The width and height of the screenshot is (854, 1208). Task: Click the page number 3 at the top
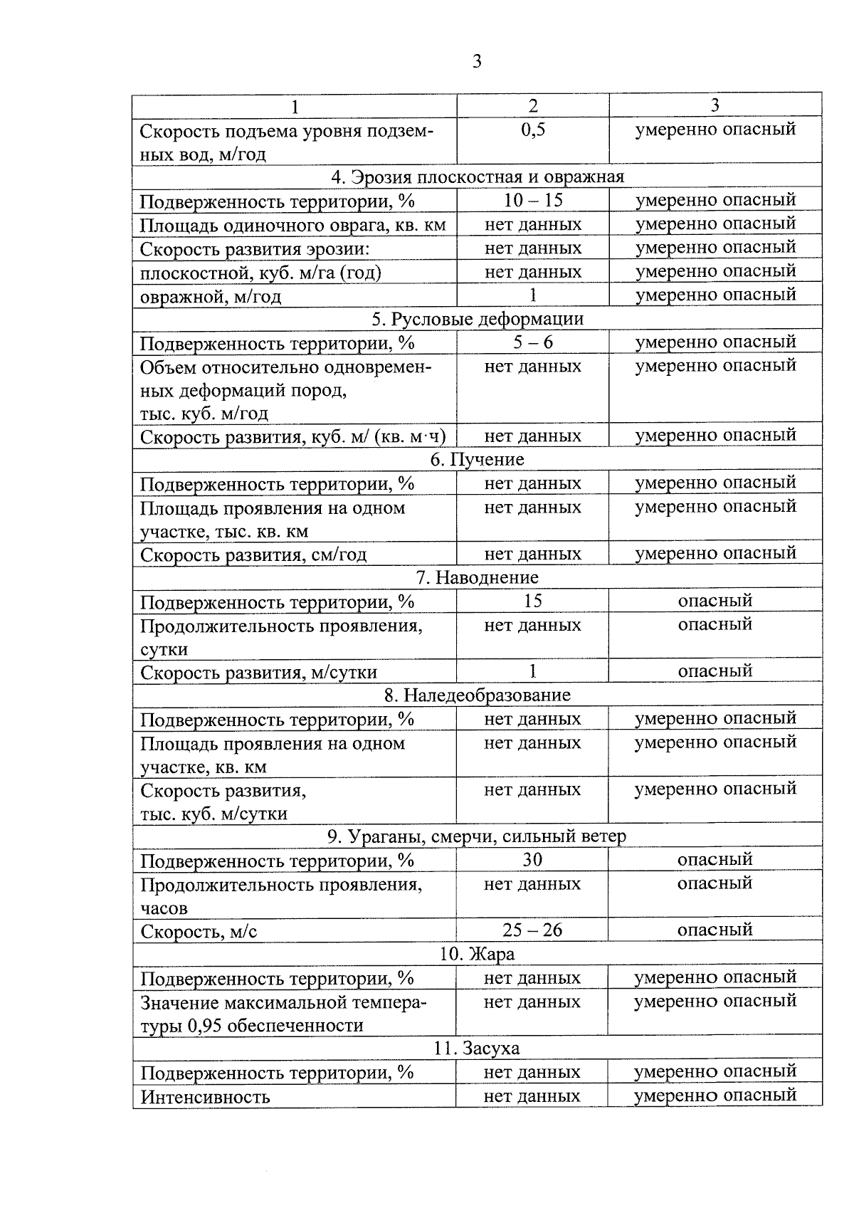click(x=477, y=62)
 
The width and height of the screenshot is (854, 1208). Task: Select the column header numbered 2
click(x=532, y=105)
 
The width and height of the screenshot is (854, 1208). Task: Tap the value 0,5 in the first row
click(x=532, y=130)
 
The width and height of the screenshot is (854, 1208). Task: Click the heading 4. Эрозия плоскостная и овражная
click(x=477, y=177)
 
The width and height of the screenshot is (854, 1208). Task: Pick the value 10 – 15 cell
click(x=532, y=201)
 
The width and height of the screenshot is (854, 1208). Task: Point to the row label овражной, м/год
click(x=211, y=295)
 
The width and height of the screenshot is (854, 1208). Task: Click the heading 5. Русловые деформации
click(x=477, y=319)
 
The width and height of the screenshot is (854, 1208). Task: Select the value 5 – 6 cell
click(x=532, y=342)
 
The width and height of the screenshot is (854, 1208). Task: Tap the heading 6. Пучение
click(x=477, y=460)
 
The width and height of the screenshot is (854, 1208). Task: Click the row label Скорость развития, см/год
click(x=253, y=555)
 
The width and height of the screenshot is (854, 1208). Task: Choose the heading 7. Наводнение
click(x=477, y=577)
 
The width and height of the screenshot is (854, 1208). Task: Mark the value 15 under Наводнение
click(x=532, y=602)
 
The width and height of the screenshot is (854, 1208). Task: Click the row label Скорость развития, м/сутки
click(x=258, y=672)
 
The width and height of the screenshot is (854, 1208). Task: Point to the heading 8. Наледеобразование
click(x=477, y=695)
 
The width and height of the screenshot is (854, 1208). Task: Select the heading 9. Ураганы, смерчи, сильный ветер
click(x=477, y=836)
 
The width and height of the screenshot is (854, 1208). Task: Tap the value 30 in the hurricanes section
click(x=532, y=860)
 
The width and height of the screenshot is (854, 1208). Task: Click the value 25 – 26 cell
click(x=532, y=930)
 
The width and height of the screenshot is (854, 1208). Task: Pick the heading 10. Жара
click(x=477, y=954)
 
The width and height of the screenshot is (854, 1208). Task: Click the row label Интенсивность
click(x=205, y=1096)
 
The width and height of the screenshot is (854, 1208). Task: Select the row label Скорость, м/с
click(x=199, y=931)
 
